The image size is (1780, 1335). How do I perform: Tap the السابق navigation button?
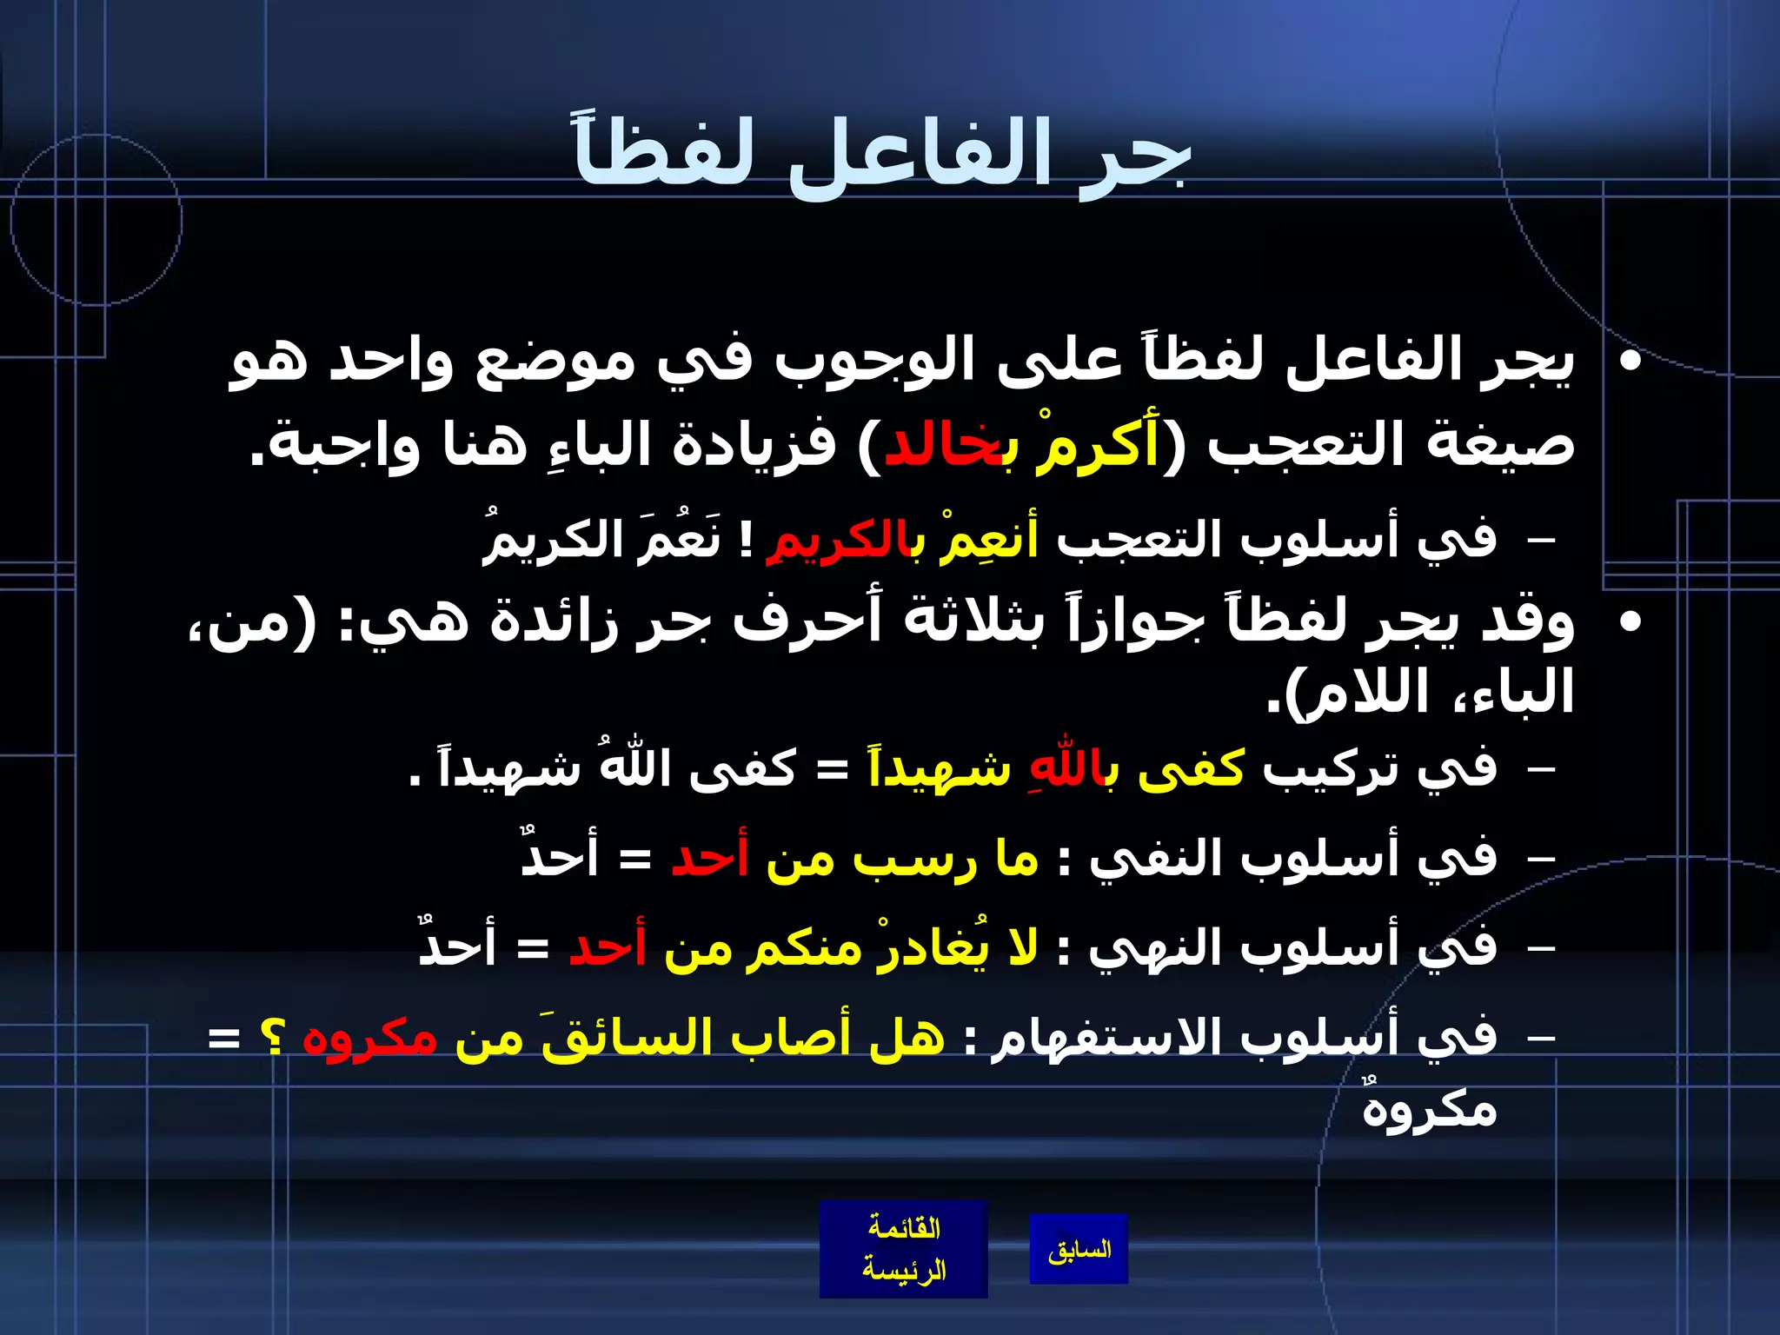click(x=1079, y=1250)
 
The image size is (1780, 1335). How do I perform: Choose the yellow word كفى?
click(x=1191, y=768)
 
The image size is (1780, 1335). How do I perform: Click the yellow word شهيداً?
click(x=939, y=768)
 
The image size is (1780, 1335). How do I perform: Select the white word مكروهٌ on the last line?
click(x=1430, y=1109)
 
